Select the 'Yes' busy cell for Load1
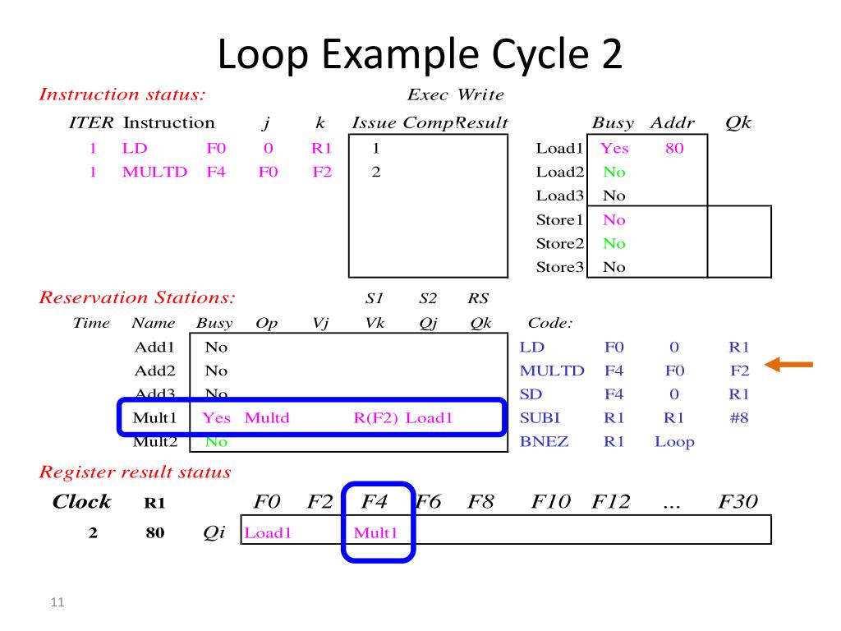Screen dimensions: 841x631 pos(614,149)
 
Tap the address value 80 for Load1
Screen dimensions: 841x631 pos(674,149)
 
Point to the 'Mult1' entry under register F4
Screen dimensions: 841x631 pos(375,532)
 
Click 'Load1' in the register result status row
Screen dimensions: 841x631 pos(269,532)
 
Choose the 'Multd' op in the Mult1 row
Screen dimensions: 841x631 pos(267,417)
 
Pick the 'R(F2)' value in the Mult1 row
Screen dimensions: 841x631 pos(376,417)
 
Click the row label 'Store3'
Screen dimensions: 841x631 pos(558,267)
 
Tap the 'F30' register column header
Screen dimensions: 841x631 pos(738,501)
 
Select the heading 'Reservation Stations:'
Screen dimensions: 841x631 pos(137,297)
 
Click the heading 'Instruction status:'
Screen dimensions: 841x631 pos(122,94)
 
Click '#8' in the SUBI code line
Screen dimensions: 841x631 pos(739,417)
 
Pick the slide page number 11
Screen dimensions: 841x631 pos(57,605)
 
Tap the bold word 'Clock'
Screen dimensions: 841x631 pos(81,502)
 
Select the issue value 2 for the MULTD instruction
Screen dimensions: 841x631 pos(375,173)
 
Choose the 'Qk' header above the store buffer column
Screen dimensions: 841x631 pos(738,123)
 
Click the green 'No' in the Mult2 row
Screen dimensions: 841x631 pos(216,441)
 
